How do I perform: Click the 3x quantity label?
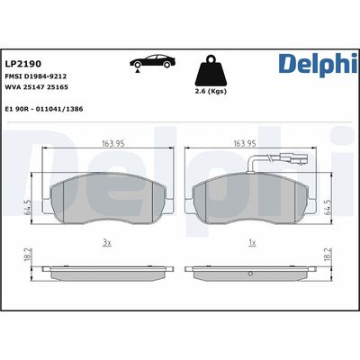[107, 243]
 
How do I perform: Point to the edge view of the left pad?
[107, 270]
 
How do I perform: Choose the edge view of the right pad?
[251, 270]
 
